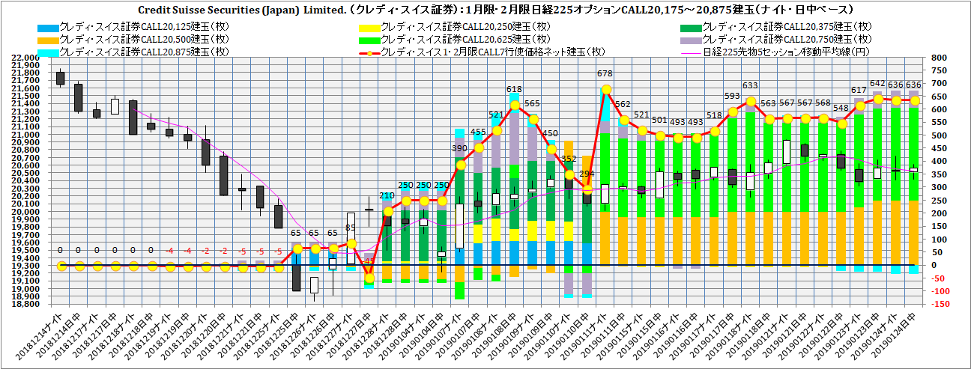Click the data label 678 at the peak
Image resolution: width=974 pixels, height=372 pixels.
click(605, 73)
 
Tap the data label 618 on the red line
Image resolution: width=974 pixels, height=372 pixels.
click(514, 89)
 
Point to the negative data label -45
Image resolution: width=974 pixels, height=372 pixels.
click(369, 261)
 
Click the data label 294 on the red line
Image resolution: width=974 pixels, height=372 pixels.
click(587, 174)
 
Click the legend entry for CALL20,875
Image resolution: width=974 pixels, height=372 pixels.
click(100, 51)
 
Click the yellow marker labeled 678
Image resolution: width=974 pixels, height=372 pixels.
click(605, 89)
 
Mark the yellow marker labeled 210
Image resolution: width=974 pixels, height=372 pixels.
click(387, 211)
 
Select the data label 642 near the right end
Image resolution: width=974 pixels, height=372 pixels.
click(877, 84)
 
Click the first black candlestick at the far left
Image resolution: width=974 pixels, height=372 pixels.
click(61, 79)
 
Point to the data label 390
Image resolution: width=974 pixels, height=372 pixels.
click(459, 149)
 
